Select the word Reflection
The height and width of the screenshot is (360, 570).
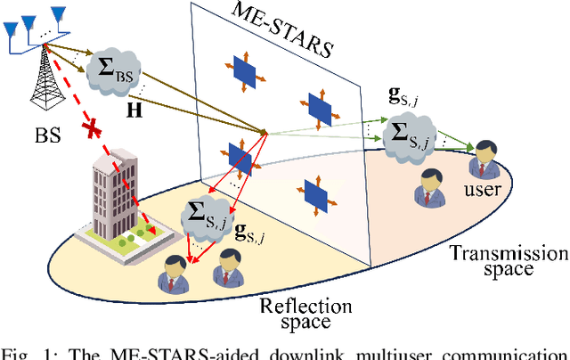[x=305, y=307]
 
